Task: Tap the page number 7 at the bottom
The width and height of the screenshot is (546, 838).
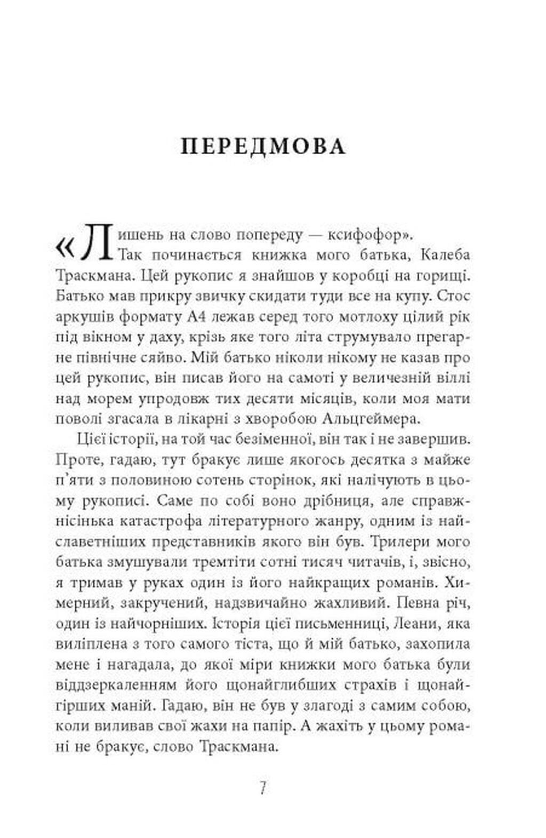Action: click(x=262, y=787)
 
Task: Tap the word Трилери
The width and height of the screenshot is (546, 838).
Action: click(x=402, y=541)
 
